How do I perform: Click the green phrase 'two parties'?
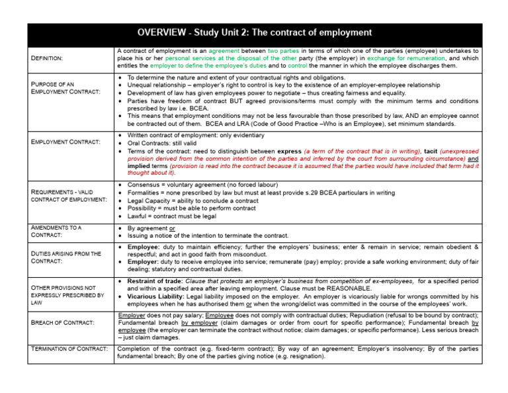click(284, 50)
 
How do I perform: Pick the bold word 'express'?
click(289, 151)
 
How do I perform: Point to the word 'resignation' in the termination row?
click(302, 356)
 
